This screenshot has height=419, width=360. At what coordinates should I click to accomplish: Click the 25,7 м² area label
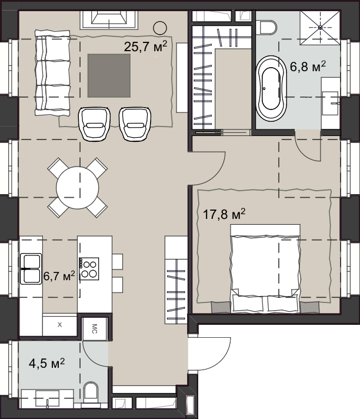[145, 46]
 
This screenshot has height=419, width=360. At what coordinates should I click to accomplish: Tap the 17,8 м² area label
[224, 214]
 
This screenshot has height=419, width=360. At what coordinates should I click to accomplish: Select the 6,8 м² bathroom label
[308, 66]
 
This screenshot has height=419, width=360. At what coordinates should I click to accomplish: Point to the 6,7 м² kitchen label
[59, 275]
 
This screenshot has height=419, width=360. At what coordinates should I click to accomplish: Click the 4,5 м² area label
[46, 363]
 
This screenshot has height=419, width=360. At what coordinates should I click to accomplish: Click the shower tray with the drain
[320, 28]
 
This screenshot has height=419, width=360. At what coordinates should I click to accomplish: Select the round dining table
[78, 188]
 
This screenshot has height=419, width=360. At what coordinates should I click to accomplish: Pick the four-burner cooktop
[89, 268]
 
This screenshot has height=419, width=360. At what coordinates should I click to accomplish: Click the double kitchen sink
[31, 268]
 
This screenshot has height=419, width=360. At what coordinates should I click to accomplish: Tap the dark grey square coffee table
[109, 76]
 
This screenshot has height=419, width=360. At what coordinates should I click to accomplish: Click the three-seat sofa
[52, 73]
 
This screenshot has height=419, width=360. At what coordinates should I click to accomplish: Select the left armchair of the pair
[94, 124]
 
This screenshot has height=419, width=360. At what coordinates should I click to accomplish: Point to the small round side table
[160, 28]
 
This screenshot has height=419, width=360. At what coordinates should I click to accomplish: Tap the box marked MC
[94, 329]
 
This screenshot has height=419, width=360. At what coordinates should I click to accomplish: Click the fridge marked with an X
[60, 325]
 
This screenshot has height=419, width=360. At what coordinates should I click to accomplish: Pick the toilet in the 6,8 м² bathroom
[268, 28]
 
